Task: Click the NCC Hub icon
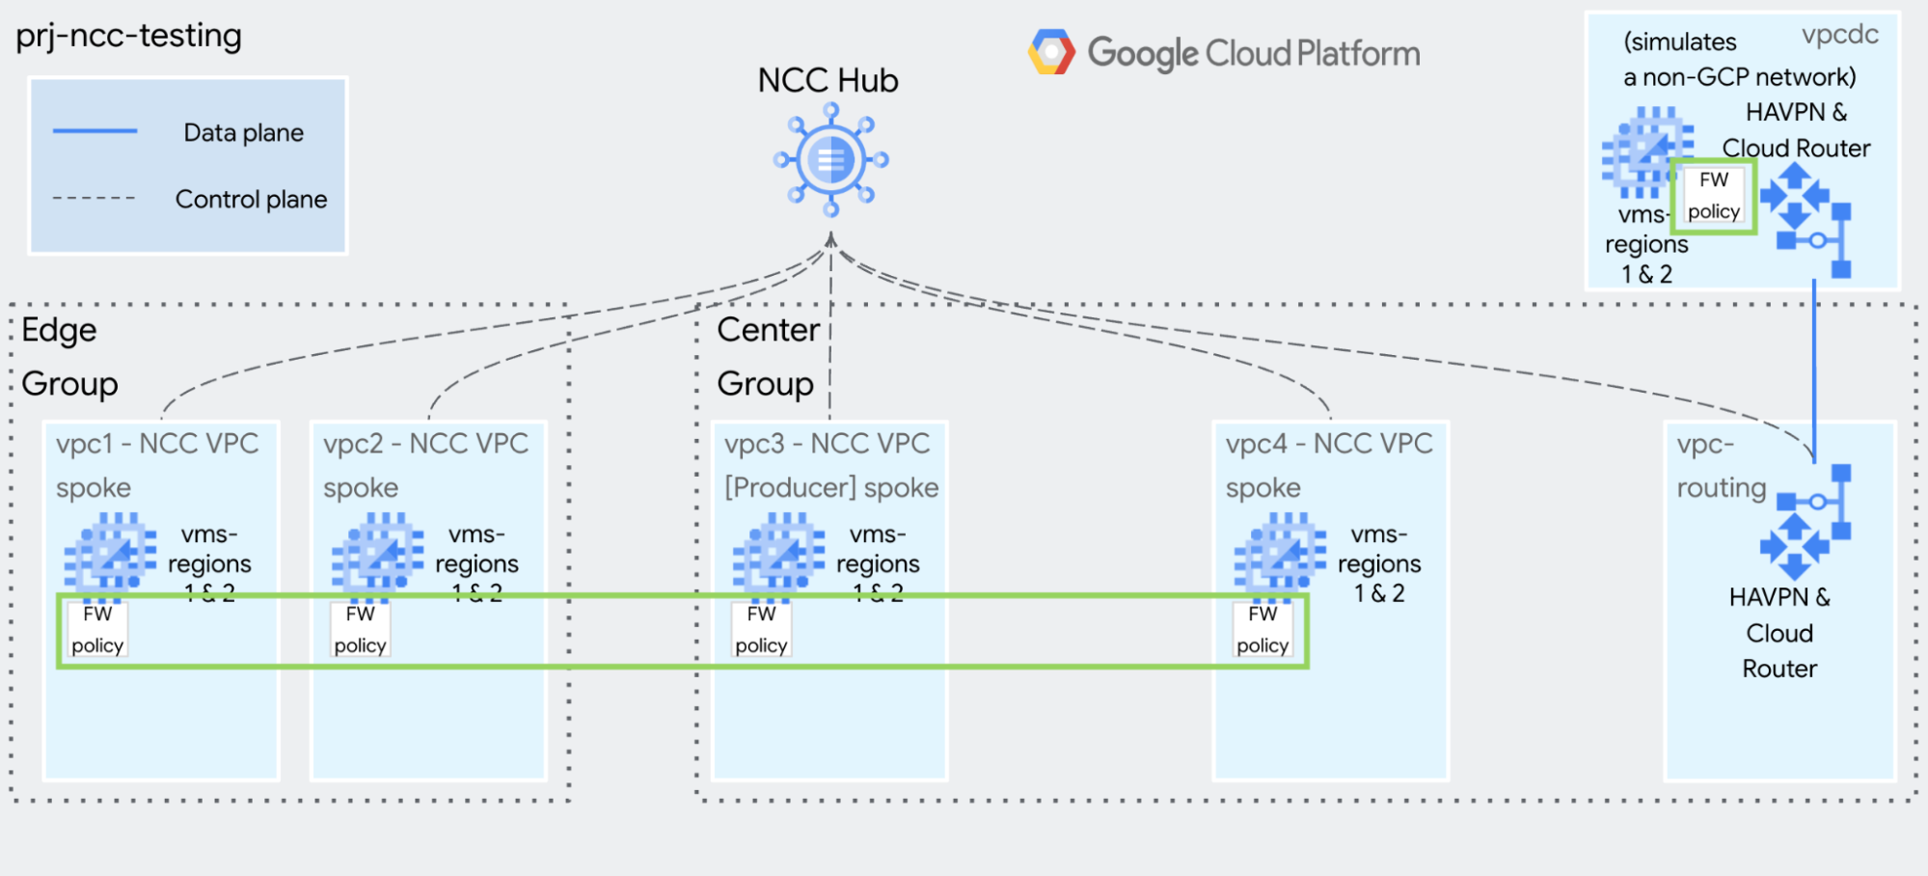tap(830, 160)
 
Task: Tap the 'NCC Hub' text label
tap(828, 81)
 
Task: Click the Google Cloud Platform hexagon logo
tap(1051, 52)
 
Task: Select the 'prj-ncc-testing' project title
tap(128, 37)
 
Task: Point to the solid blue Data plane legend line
tap(95, 131)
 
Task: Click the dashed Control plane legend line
tap(94, 199)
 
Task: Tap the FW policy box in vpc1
tap(97, 629)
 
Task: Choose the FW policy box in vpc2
tap(360, 629)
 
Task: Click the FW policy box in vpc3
tap(761, 629)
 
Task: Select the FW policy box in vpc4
tap(1263, 629)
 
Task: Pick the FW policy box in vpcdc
tap(1713, 196)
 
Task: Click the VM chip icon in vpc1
tap(109, 553)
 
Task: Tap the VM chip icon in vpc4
tap(1279, 553)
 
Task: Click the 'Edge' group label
tap(59, 330)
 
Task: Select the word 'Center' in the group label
tap(768, 330)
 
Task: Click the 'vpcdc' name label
tap(1839, 36)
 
